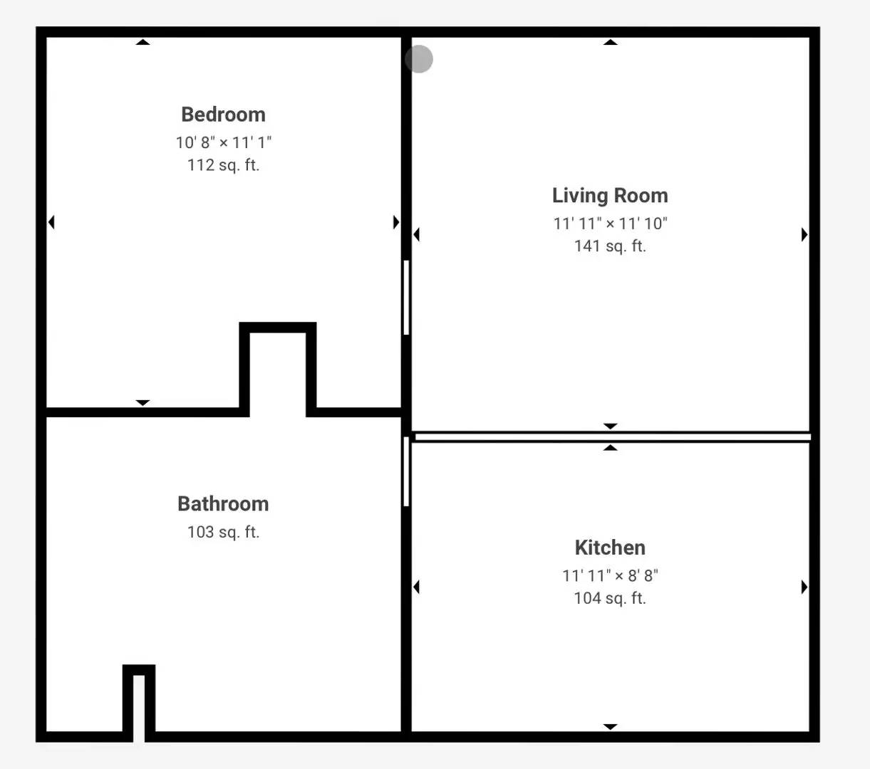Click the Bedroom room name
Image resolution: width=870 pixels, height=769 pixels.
tap(223, 115)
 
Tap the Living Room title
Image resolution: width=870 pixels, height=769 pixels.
tap(610, 196)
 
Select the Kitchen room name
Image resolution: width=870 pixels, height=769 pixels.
tap(610, 548)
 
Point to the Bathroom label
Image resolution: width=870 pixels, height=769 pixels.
tap(223, 504)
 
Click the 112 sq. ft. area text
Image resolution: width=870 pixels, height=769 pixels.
tap(223, 165)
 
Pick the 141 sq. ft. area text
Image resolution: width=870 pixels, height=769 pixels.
tap(610, 246)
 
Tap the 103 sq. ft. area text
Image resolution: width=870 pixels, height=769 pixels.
tap(223, 532)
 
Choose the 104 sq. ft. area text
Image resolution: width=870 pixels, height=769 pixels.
tap(610, 598)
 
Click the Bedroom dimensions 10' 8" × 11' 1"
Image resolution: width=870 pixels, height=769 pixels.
tap(223, 142)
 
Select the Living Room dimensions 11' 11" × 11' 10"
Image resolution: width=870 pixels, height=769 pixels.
tap(610, 223)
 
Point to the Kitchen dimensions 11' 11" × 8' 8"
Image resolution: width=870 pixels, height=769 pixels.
tap(610, 575)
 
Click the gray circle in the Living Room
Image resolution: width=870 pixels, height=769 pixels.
tap(419, 59)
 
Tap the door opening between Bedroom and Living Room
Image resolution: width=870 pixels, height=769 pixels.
tap(406, 298)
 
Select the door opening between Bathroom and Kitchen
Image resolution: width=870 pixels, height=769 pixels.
tap(406, 471)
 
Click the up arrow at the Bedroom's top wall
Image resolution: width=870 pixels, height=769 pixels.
tap(143, 42)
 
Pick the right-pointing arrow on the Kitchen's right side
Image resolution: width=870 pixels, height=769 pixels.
tap(804, 587)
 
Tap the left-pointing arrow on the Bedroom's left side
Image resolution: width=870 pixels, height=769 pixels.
tap(51, 222)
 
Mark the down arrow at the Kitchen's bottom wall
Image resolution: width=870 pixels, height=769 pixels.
tap(610, 726)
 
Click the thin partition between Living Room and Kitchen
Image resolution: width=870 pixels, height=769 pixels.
tap(612, 437)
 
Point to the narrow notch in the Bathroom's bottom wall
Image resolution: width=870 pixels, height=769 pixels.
tap(139, 707)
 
